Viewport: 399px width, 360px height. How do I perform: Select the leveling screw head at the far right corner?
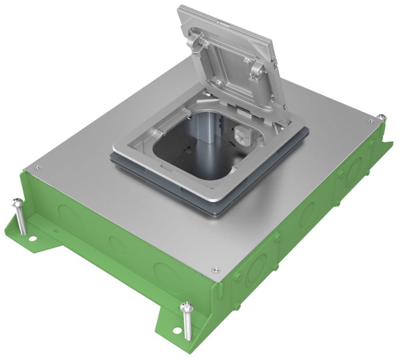[x=382, y=116]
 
